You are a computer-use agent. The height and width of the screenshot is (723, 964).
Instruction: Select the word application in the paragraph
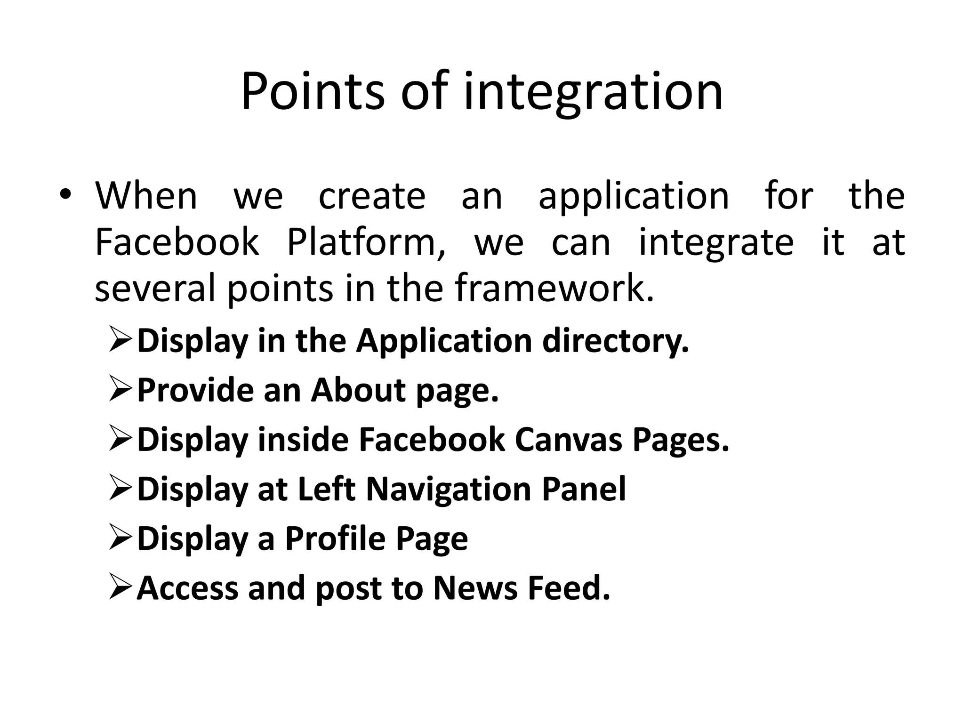pyautogui.click(x=634, y=197)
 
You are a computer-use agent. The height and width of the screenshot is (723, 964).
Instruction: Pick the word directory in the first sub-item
pyautogui.click(x=616, y=340)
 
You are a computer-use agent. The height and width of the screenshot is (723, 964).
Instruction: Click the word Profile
pyautogui.click(x=336, y=538)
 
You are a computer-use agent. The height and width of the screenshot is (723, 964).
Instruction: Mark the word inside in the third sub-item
pyautogui.click(x=303, y=439)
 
